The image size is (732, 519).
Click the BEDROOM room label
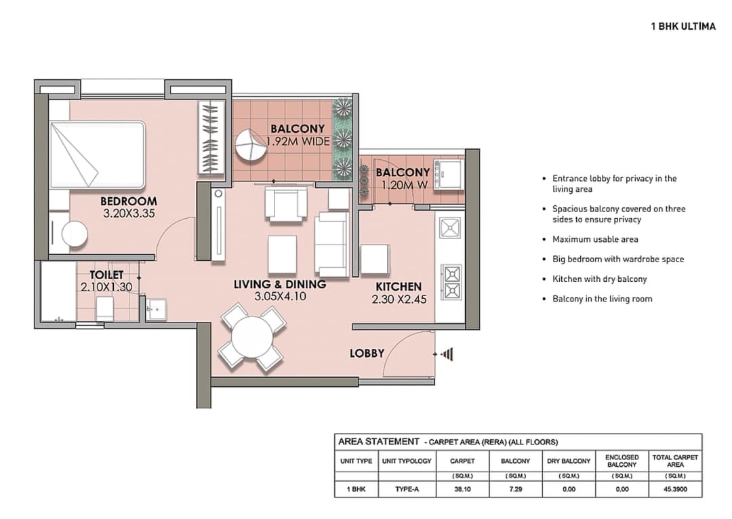click(x=128, y=201)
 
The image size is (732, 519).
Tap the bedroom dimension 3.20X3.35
click(x=129, y=213)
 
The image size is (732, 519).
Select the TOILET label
click(x=107, y=275)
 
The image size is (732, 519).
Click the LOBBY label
click(x=367, y=353)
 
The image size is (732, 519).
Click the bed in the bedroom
click(x=97, y=155)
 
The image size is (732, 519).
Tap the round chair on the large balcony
click(x=250, y=144)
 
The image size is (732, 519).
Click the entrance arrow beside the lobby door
click(x=446, y=354)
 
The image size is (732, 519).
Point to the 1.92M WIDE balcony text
click(x=298, y=142)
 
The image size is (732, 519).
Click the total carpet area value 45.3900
click(x=674, y=489)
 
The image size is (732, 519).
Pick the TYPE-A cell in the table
click(x=406, y=489)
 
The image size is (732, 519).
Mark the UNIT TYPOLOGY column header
click(x=406, y=461)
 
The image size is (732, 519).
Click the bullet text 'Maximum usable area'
click(x=595, y=239)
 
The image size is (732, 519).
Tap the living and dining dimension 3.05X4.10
click(x=279, y=297)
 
